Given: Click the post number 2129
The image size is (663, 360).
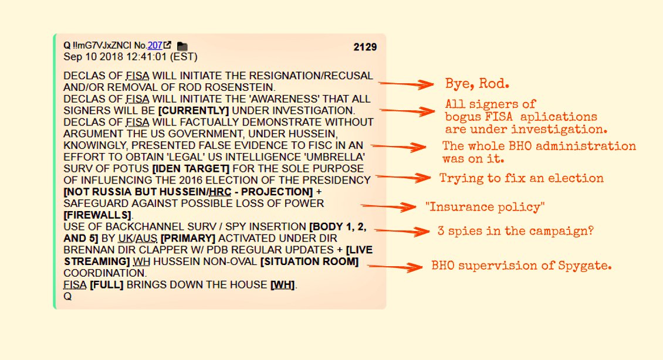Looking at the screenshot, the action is click(x=365, y=47).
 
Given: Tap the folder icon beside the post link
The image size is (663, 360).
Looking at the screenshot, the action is click(x=182, y=46).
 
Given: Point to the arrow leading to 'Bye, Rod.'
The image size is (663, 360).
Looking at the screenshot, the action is click(x=408, y=84).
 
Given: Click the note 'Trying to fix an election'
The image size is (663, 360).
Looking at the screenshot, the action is click(x=522, y=178).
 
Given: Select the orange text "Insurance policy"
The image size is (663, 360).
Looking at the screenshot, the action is click(x=485, y=206).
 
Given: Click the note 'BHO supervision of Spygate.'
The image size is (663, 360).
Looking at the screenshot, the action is click(x=522, y=266).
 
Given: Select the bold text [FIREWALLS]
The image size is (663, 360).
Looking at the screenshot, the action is click(x=97, y=215).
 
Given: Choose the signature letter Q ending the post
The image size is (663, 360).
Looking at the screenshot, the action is click(x=67, y=297).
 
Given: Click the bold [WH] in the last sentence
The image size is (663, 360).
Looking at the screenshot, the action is click(x=283, y=285).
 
